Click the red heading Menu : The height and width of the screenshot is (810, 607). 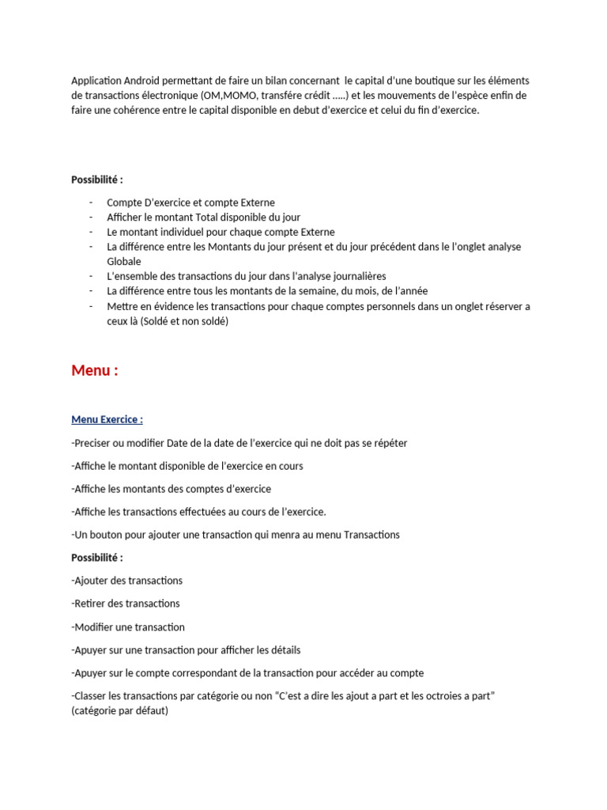[95, 370]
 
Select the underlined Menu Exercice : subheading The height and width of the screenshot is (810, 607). [107, 419]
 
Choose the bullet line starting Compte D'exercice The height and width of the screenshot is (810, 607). [190, 202]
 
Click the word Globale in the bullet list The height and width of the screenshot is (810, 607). [124, 261]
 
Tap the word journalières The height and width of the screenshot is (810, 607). [349, 276]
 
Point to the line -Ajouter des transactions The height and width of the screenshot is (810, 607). [126, 581]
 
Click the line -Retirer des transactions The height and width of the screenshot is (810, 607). [125, 604]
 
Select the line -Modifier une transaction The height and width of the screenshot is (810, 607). [128, 627]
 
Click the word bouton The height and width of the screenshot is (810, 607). [104, 535]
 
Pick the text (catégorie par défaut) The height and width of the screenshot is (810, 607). [119, 710]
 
